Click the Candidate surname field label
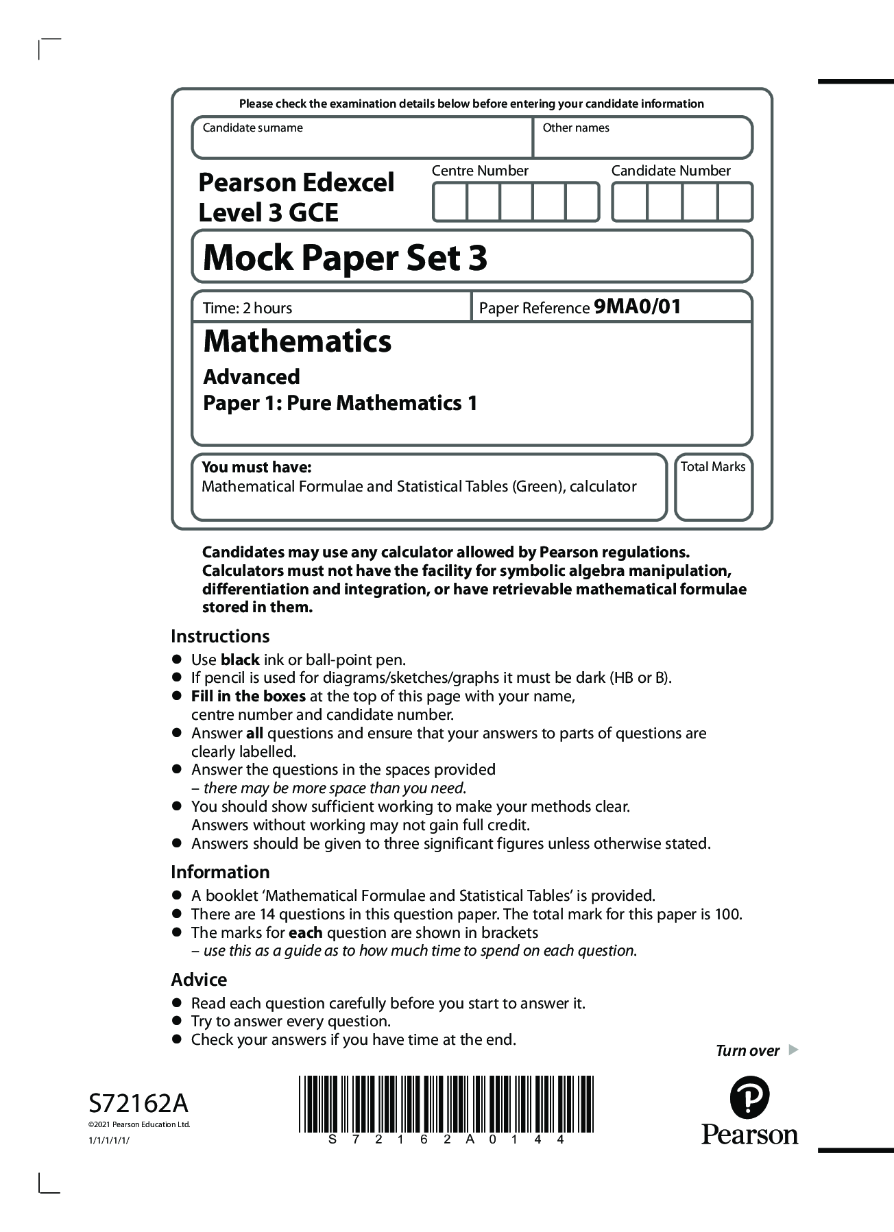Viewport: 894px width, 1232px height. click(252, 128)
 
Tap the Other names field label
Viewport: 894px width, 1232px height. click(575, 128)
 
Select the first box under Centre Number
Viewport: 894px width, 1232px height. click(450, 202)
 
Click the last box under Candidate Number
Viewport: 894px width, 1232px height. click(734, 202)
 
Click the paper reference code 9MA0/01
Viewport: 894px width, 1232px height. click(637, 306)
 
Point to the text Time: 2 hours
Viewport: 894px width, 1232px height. click(247, 308)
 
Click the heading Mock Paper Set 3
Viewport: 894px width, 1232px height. click(345, 258)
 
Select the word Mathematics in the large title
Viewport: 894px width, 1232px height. click(297, 341)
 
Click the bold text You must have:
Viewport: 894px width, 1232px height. click(256, 467)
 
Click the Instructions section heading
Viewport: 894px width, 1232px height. click(220, 636)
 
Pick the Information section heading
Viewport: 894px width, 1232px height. click(220, 872)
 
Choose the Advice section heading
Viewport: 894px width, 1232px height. click(199, 979)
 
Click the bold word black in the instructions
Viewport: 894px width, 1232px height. click(239, 660)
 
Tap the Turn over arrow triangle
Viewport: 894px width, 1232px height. click(793, 1050)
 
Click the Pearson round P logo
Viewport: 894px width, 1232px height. click(749, 1098)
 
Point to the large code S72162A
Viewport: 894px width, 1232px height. click(138, 1104)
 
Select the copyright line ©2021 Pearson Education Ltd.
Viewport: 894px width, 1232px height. click(139, 1124)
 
